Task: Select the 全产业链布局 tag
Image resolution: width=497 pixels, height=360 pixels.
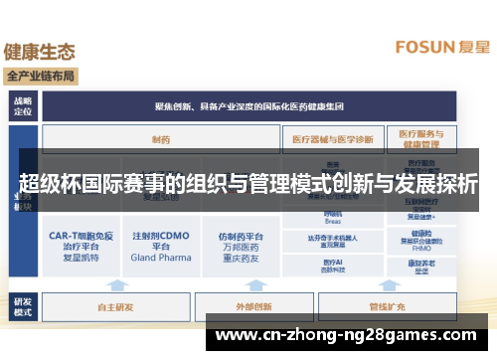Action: [x=42, y=76]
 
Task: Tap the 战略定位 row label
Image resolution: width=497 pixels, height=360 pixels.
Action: [x=23, y=105]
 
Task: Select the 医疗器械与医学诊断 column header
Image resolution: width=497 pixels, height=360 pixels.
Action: [x=334, y=139]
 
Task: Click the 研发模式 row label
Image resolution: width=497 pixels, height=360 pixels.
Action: [x=23, y=304]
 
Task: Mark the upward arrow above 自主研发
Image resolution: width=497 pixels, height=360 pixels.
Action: [x=117, y=284]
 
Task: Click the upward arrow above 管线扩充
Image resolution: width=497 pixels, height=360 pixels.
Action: [x=387, y=284]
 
